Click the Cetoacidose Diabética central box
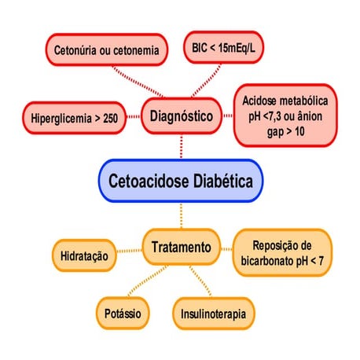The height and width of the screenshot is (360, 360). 179,182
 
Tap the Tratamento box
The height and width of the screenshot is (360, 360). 180,248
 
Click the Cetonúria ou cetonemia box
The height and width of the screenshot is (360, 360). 106,50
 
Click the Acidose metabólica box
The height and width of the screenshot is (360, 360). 286,116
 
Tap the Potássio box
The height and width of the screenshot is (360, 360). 123,313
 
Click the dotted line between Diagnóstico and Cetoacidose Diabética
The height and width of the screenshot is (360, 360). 182,146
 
